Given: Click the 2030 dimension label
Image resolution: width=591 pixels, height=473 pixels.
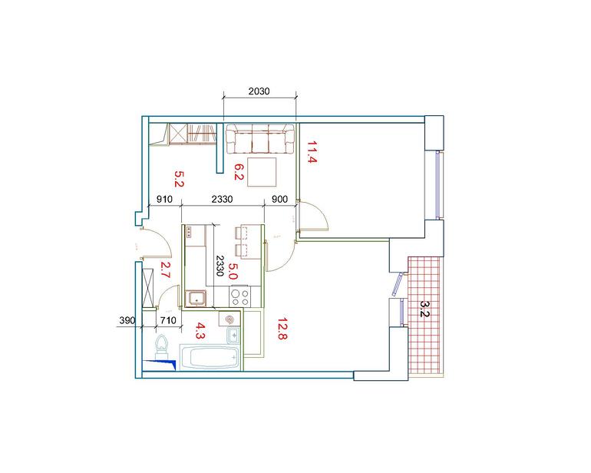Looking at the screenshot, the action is [x=259, y=91].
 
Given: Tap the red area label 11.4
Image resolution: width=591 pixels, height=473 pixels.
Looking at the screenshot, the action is [x=312, y=151].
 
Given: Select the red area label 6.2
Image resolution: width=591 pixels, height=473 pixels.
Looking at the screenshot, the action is [x=239, y=172].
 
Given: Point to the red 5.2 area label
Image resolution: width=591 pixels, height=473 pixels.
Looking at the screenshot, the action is [x=179, y=179].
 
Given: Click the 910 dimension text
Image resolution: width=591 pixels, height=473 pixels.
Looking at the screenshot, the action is [x=164, y=199].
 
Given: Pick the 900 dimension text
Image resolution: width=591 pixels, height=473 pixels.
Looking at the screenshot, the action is [x=279, y=199].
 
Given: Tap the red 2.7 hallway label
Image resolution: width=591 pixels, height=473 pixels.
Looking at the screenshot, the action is [x=166, y=270].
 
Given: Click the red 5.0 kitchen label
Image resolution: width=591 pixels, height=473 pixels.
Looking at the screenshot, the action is [x=233, y=271].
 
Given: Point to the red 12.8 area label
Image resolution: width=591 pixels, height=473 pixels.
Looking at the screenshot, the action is [x=282, y=329].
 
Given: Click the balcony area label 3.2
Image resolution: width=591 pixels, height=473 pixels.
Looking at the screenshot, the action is [x=424, y=309].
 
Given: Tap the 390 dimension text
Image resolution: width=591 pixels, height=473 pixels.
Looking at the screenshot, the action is [x=127, y=320].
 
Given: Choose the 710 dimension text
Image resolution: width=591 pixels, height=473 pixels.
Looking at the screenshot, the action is [x=168, y=320].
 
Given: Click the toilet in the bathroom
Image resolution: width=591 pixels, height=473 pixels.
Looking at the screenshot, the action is [x=162, y=346].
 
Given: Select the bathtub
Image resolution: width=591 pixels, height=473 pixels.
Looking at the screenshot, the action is [x=210, y=357].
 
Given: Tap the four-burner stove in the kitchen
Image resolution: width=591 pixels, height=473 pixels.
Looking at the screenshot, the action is [x=240, y=296].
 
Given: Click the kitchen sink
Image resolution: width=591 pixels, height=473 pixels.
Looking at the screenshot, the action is [x=195, y=299].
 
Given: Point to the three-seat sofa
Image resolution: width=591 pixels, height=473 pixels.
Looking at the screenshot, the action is [x=260, y=139].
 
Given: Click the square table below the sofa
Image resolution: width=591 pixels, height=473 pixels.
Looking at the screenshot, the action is [x=262, y=172].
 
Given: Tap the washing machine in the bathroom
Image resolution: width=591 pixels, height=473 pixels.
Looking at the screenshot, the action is [x=229, y=319].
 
